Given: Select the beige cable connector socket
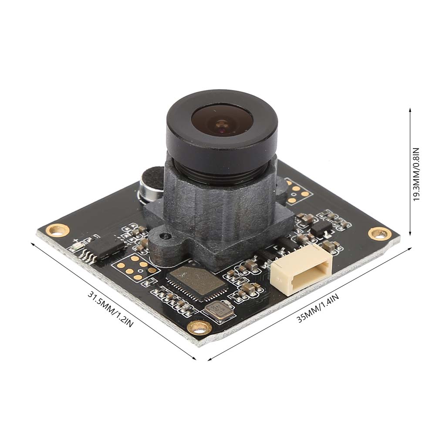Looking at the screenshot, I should [x=301, y=274].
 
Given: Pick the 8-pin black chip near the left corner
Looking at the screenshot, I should [x=106, y=249].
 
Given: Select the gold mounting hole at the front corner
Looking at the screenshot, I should [x=201, y=326].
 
